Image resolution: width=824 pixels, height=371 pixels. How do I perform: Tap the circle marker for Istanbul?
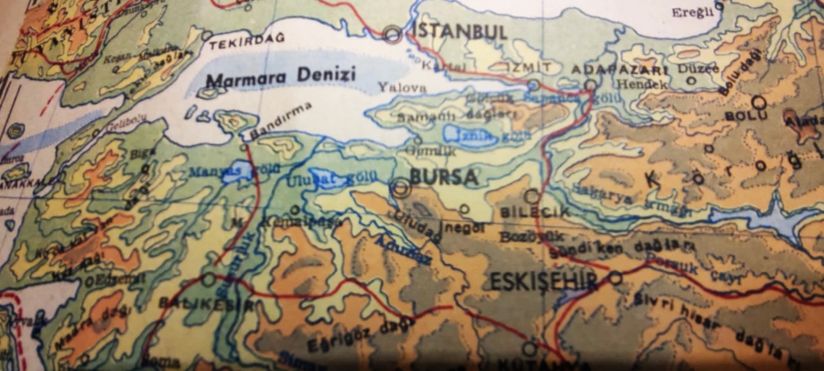(x=393, y=35)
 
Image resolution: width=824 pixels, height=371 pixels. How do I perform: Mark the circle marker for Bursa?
(x=400, y=188)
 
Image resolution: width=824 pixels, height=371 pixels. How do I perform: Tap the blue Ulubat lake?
(x=326, y=178)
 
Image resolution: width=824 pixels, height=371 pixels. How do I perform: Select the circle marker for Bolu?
(x=758, y=102)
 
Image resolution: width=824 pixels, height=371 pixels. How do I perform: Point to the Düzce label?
(x=693, y=69)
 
